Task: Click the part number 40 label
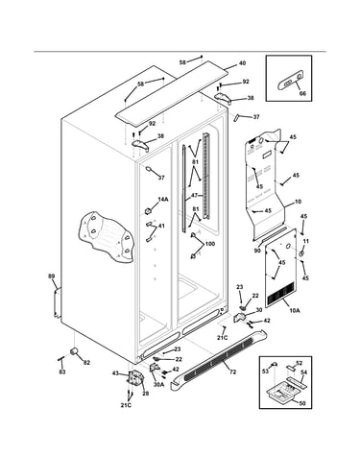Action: coord(243,63)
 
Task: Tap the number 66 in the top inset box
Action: coord(302,93)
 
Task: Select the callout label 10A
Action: coord(296,310)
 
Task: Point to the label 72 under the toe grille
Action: coord(233,372)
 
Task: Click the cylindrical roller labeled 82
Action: coord(75,351)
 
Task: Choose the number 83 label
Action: coord(62,372)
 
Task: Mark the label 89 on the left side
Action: coord(51,276)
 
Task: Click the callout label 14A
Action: coord(163,200)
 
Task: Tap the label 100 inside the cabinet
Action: coord(210,244)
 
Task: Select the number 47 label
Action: coord(194,195)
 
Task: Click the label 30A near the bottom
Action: coord(158,385)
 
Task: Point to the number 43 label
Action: coord(115,372)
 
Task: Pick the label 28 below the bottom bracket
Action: coord(145,394)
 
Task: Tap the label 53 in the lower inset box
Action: coord(265,372)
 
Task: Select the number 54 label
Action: coord(303,372)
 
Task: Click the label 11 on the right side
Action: coord(306,241)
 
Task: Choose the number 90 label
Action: coord(257,251)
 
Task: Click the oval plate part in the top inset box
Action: coord(290,82)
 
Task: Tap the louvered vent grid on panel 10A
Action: coord(280,293)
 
